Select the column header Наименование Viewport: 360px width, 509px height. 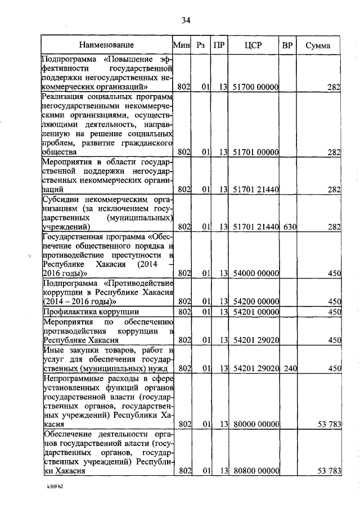[x=106, y=44]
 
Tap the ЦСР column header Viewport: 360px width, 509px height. [x=255, y=44]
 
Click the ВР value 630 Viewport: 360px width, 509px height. [x=290, y=227]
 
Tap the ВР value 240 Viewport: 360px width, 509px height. [x=290, y=368]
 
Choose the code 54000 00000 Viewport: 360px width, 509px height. [x=256, y=273]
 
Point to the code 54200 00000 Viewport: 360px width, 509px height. [x=256, y=301]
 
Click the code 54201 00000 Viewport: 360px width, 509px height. [x=256, y=312]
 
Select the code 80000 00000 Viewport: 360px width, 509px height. [x=256, y=425]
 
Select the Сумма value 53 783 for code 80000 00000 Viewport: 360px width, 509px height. [x=328, y=425]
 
